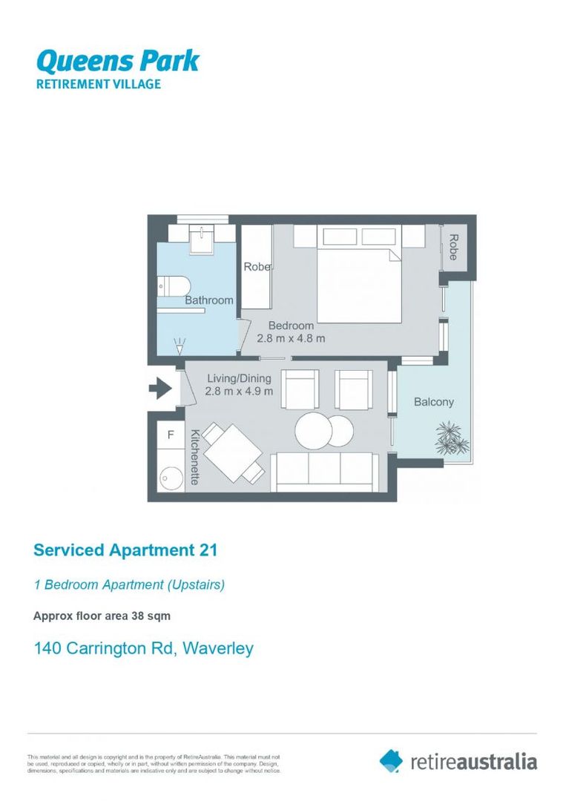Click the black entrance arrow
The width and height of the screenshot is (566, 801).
[160, 387]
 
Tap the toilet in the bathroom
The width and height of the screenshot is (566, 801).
[176, 286]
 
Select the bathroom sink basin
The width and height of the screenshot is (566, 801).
[200, 238]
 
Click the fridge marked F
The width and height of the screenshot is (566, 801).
[171, 435]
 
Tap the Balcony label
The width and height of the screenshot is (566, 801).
[433, 402]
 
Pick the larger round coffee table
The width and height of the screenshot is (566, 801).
[315, 430]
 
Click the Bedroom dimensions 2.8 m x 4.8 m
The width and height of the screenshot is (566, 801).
[291, 338]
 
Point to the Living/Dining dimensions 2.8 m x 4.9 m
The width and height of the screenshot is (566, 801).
[240, 391]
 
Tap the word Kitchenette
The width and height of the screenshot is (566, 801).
[195, 457]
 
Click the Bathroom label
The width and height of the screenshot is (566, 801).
[208, 300]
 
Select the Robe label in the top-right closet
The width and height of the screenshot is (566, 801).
[453, 247]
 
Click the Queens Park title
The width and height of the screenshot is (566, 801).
[118, 60]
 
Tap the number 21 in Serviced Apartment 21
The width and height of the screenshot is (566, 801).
[207, 550]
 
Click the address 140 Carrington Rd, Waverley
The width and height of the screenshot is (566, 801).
[144, 648]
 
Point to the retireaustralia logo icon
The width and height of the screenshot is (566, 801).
[391, 760]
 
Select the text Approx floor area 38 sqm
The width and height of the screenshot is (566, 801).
[102, 616]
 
